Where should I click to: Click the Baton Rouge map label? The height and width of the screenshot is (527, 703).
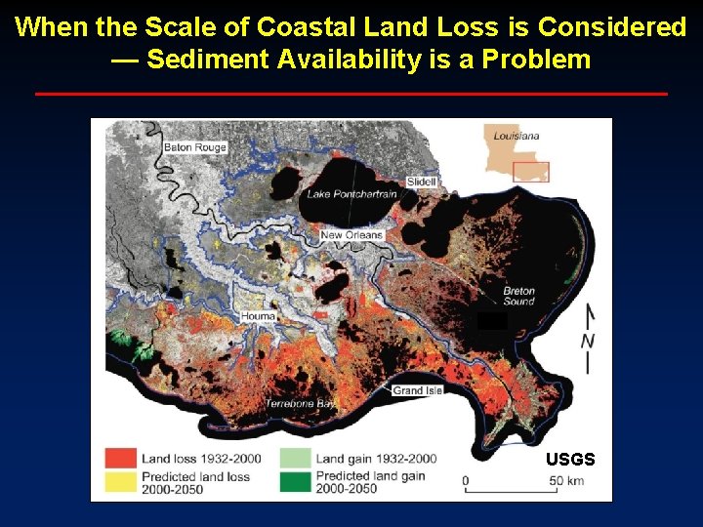click(195, 147)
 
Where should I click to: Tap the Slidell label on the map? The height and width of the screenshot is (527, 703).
click(422, 182)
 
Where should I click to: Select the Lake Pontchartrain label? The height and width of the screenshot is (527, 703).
click(352, 194)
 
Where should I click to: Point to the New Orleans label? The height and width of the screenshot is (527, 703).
click(351, 235)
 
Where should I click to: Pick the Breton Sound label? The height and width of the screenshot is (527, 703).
click(518, 296)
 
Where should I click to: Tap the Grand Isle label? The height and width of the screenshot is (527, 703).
click(418, 390)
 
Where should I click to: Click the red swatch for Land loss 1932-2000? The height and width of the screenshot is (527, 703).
click(121, 458)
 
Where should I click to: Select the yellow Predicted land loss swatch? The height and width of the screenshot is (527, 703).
click(121, 482)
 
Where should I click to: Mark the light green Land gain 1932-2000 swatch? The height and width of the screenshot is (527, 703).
click(295, 458)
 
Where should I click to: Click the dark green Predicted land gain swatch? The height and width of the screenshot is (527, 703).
click(295, 482)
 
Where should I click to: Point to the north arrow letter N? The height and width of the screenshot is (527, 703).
click(588, 341)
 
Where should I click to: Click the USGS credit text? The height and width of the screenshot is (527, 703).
click(570, 459)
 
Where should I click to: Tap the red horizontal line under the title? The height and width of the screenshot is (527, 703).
click(351, 94)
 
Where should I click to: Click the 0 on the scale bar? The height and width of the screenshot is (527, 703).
click(466, 480)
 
